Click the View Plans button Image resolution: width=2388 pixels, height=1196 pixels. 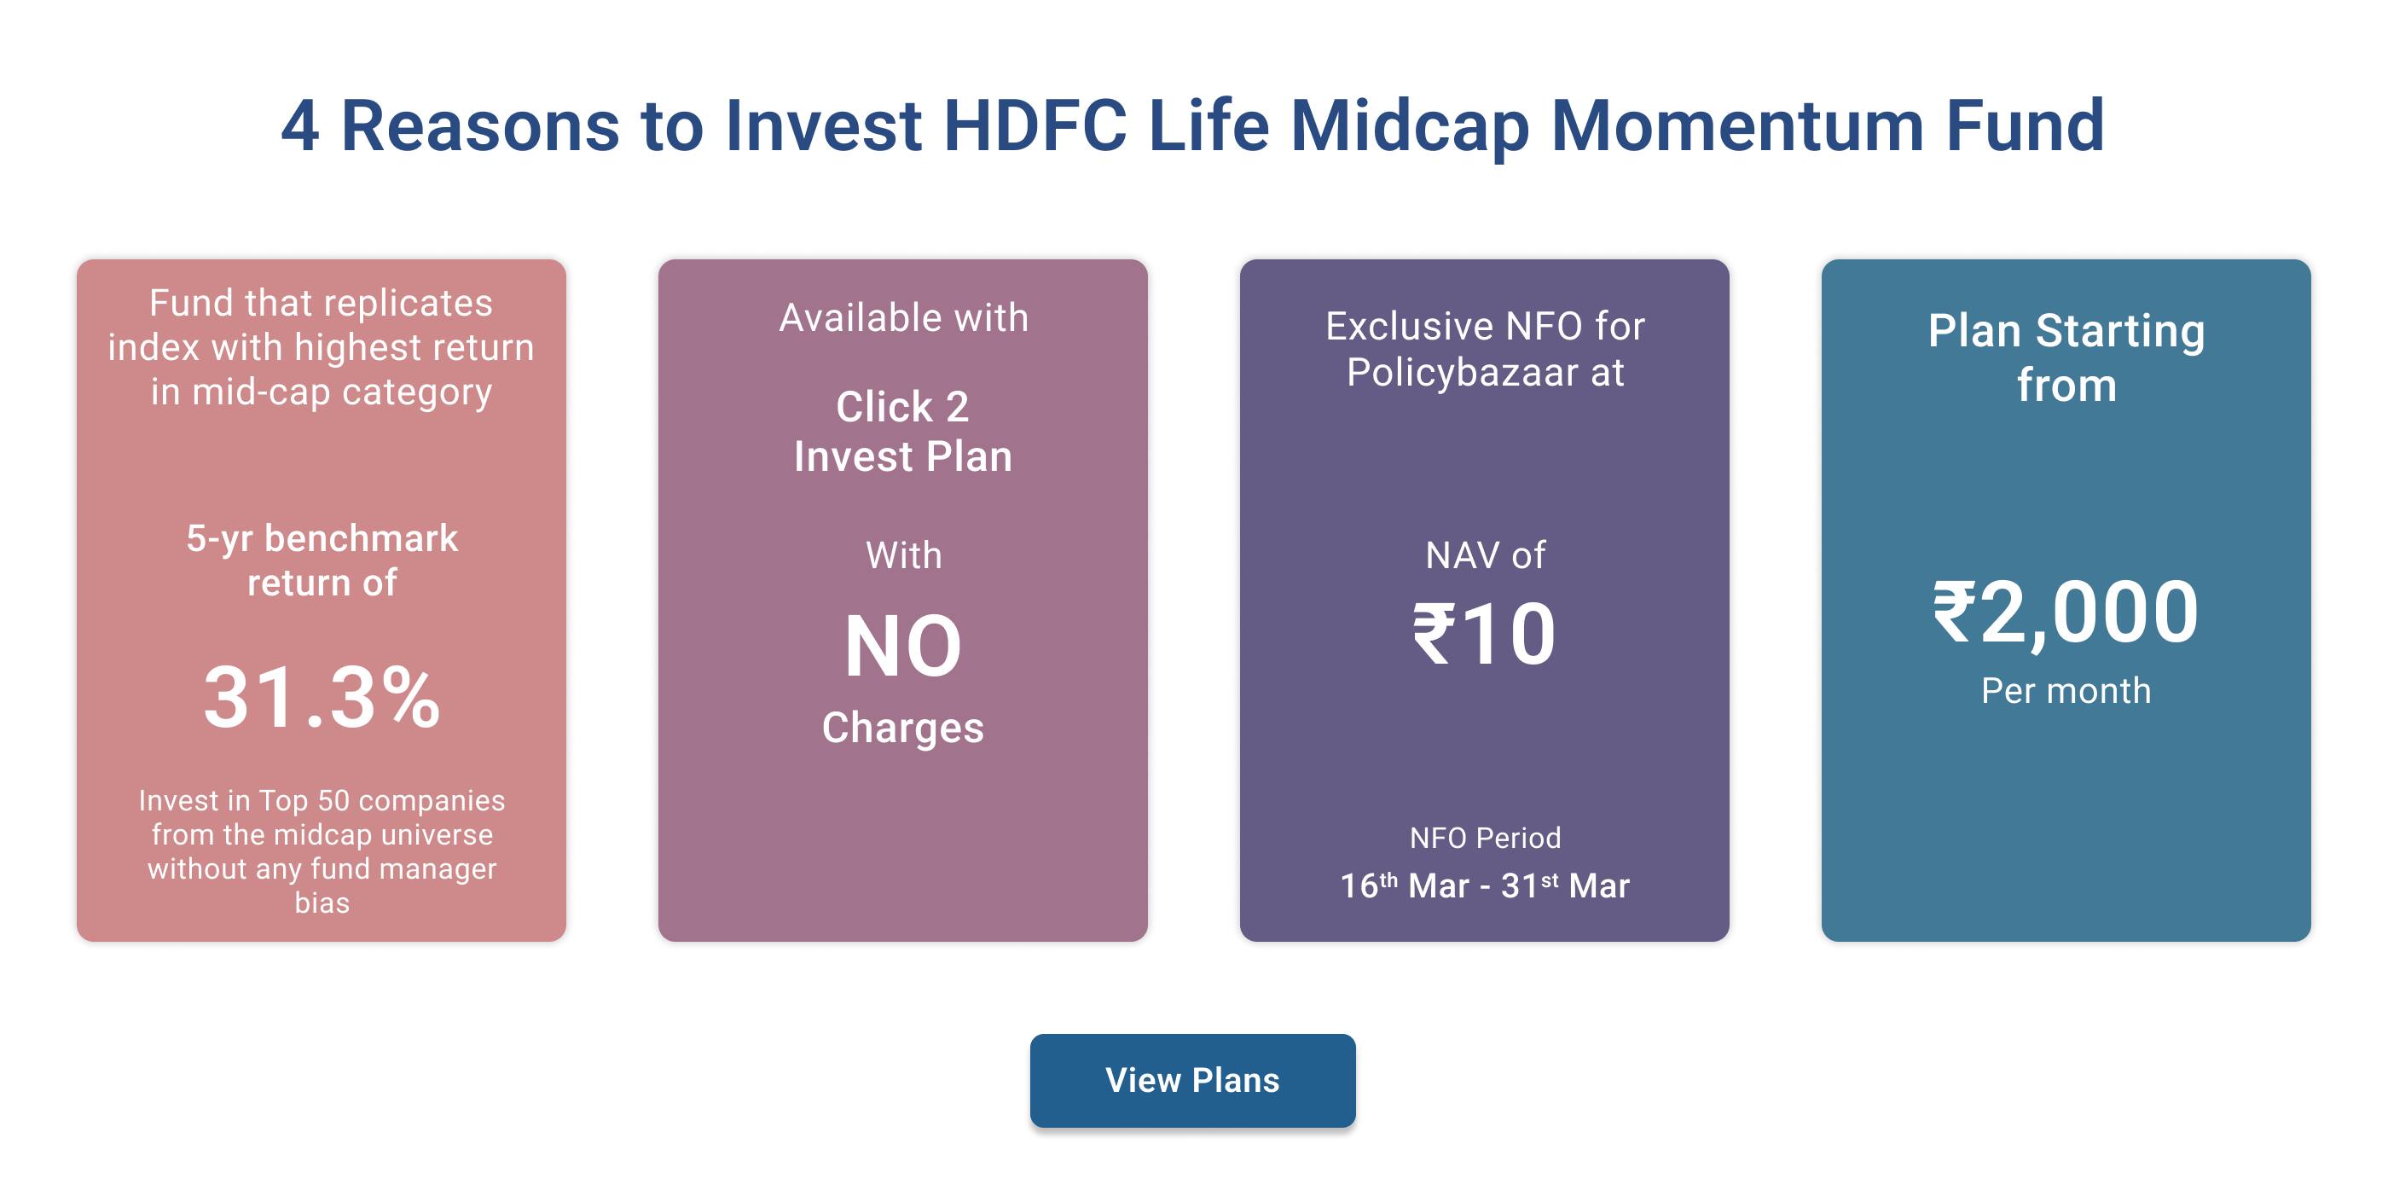coord(1192,1080)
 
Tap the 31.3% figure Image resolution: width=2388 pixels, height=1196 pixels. coord(322,697)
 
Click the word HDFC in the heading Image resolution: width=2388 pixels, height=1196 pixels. coord(1035,126)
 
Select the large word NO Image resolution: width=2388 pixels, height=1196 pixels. coord(902,647)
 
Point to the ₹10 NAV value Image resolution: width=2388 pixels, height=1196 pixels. coord(1484,635)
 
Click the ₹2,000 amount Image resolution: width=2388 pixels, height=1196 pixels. coord(2066,613)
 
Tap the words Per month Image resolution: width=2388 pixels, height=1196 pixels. coord(2066,691)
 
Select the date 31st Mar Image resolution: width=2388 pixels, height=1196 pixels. coord(1565,885)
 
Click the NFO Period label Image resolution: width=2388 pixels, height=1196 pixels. coord(1484,838)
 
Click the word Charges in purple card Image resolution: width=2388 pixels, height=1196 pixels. coord(902,728)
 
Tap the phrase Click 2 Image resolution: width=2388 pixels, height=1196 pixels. coord(902,407)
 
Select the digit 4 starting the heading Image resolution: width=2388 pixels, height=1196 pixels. coord(300,126)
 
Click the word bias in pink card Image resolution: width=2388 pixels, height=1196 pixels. coord(322,903)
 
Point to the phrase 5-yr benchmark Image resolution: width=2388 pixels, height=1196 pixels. coord(322,538)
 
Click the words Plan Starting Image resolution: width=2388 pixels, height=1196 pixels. coord(2066,331)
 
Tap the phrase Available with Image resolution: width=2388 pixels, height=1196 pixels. coord(903,318)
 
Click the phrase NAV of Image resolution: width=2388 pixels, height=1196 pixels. coord(1484,555)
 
